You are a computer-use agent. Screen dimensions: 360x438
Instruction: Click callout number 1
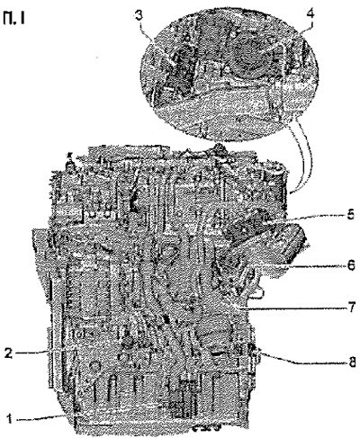tap(9, 418)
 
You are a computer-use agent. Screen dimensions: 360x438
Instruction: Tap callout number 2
tap(9, 353)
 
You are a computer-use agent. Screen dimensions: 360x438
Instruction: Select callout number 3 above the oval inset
tap(139, 15)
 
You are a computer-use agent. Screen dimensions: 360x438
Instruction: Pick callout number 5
tap(350, 215)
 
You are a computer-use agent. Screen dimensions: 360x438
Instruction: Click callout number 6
tap(350, 265)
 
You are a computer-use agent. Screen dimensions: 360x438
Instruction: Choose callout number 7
tap(351, 308)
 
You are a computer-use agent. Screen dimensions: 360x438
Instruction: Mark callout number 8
tap(351, 362)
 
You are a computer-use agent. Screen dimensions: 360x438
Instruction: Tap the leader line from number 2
tap(32, 353)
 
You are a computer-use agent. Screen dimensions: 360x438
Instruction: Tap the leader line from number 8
tap(303, 360)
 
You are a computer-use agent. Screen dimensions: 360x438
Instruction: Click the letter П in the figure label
tap(8, 19)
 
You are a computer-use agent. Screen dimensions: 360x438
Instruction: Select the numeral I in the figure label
tap(22, 19)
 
